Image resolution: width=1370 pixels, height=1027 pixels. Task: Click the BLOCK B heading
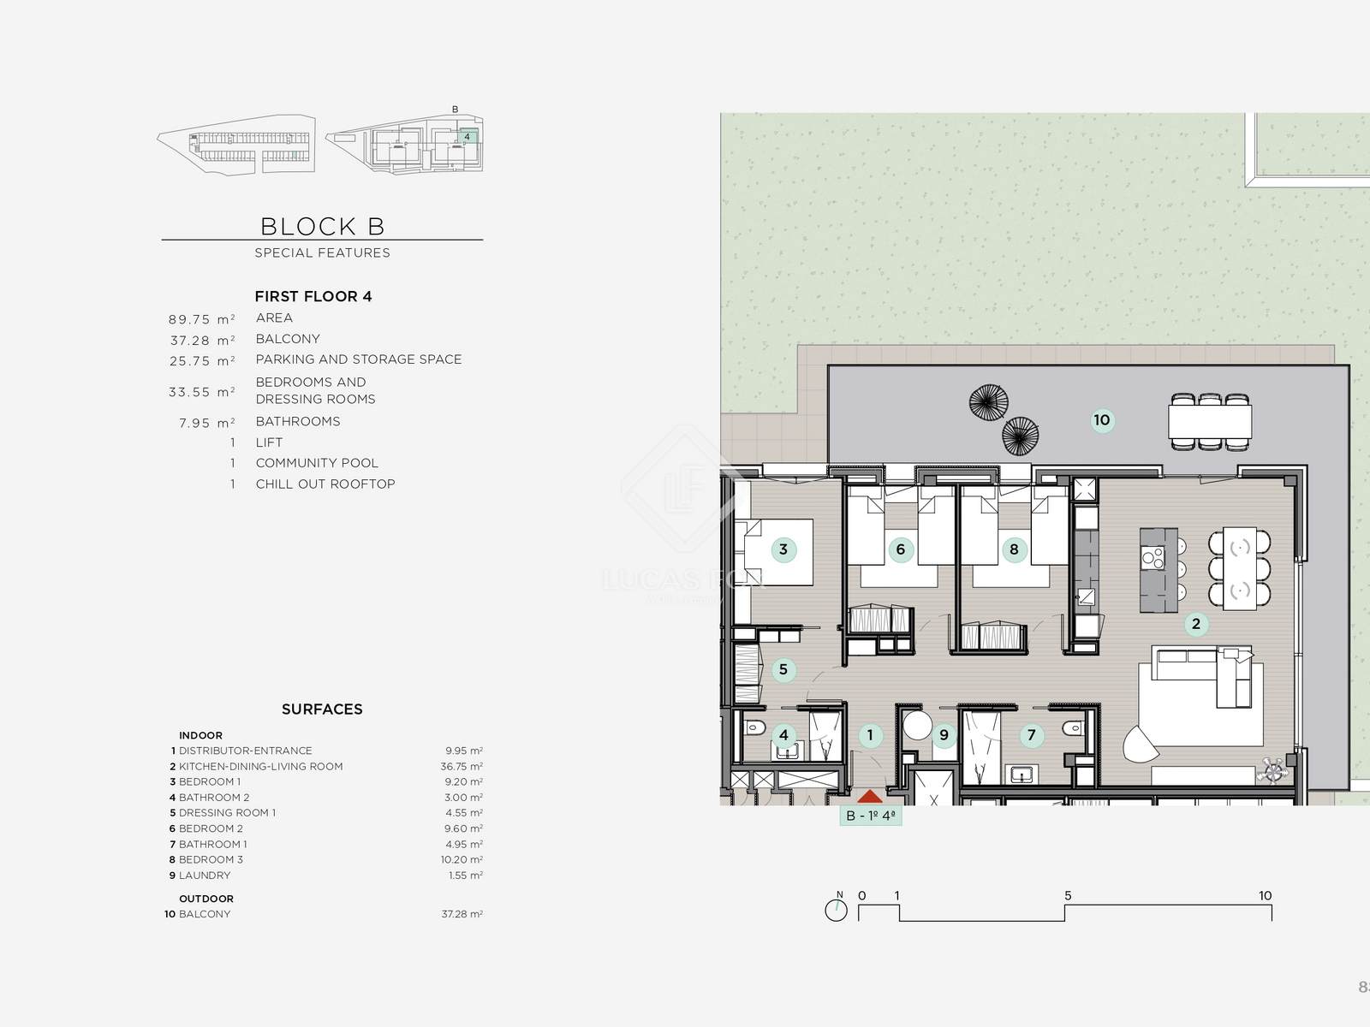click(322, 226)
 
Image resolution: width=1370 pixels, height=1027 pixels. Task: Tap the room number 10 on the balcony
click(1102, 420)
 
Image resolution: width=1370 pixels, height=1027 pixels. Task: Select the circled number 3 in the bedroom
click(783, 550)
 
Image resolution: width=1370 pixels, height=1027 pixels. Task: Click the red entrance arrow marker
click(869, 796)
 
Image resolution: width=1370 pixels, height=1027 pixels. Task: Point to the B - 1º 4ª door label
click(871, 816)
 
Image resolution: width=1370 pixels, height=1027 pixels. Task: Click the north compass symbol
click(837, 909)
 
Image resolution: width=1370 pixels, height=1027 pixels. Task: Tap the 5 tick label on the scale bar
click(1068, 895)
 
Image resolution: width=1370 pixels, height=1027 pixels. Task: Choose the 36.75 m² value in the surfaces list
click(462, 766)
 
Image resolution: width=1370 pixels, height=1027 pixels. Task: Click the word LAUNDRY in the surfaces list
click(205, 876)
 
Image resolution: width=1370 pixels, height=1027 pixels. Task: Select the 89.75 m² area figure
click(201, 320)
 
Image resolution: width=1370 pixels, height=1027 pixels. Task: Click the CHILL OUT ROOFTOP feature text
click(325, 484)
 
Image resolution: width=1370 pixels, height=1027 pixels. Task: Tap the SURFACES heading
click(322, 709)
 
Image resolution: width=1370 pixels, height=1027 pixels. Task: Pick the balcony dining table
click(1210, 422)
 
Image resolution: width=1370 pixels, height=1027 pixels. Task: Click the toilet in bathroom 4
click(754, 727)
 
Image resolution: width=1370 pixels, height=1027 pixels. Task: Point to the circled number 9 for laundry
click(944, 736)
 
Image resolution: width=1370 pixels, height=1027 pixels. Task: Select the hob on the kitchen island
click(1153, 557)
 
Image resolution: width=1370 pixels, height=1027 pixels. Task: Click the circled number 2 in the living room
click(1196, 624)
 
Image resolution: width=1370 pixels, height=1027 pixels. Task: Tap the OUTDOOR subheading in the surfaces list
click(206, 899)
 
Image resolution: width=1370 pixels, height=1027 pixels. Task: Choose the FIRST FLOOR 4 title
click(313, 296)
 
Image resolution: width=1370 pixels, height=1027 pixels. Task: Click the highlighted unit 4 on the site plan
click(468, 137)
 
